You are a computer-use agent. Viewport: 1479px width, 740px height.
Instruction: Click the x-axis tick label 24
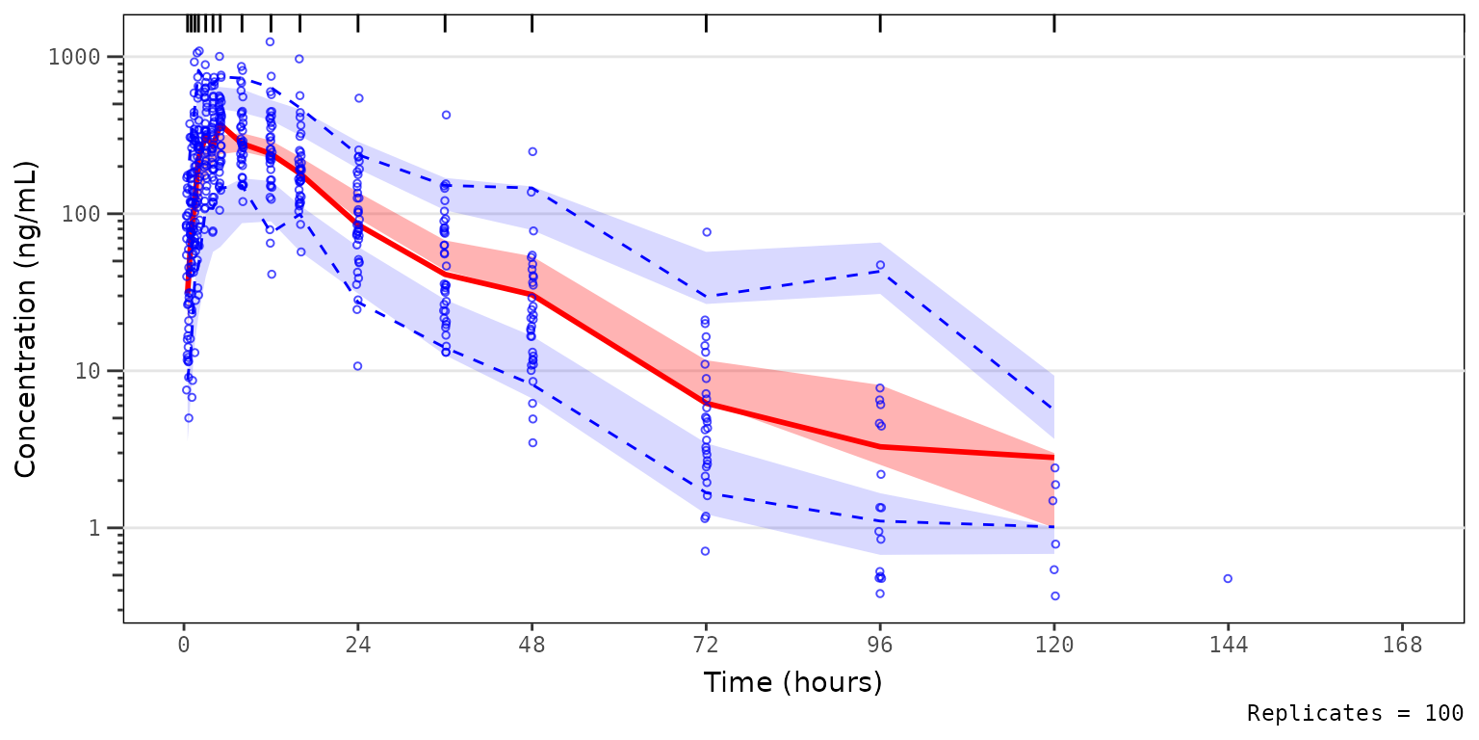[357, 646]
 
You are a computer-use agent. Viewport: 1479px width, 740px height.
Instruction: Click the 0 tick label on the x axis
[183, 646]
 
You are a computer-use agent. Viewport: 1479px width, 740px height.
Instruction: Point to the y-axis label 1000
[74, 57]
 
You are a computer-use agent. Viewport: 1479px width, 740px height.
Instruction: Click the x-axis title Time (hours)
[792, 682]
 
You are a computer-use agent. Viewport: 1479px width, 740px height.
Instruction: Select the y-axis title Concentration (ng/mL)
[26, 320]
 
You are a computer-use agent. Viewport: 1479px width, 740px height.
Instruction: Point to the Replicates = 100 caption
[1355, 713]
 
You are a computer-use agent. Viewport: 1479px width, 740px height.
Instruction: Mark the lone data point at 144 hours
[1228, 578]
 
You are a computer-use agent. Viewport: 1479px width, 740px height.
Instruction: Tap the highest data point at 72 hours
[706, 232]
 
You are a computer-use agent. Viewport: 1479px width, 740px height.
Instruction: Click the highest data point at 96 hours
[880, 265]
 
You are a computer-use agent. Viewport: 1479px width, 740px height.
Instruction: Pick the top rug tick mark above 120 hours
[1054, 24]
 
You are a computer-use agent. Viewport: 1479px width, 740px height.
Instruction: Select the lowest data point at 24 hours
[357, 366]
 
